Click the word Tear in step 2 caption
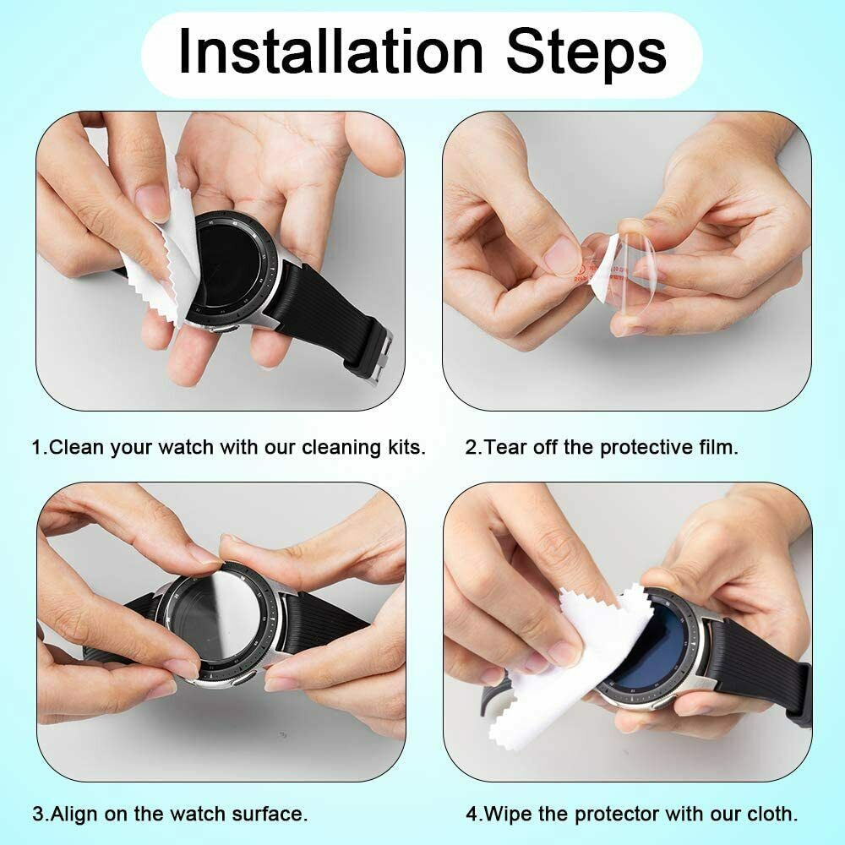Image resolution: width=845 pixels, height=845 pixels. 505,447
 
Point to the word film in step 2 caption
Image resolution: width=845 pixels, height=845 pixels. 718,447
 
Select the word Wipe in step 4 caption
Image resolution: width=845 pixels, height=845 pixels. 506,815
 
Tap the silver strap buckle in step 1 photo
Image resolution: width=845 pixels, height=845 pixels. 378,352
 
